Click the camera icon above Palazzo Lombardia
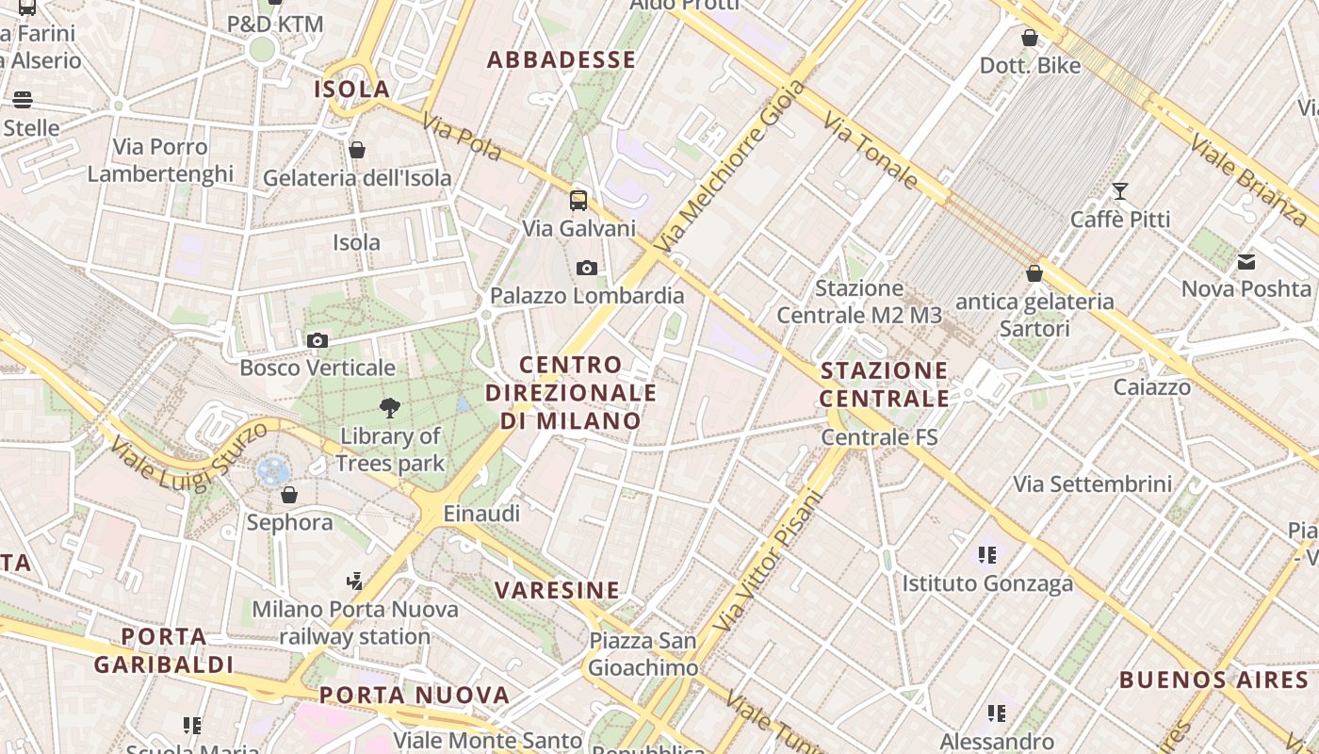pyautogui.click(x=587, y=269)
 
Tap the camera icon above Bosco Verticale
pyautogui.click(x=318, y=340)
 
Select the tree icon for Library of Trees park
pyautogui.click(x=389, y=408)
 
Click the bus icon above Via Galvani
pyautogui.click(x=578, y=200)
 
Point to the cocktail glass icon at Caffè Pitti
pyautogui.click(x=1120, y=191)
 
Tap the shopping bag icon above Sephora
pyautogui.click(x=289, y=495)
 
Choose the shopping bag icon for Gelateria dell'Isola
pyautogui.click(x=357, y=150)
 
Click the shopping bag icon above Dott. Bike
pyautogui.click(x=1030, y=38)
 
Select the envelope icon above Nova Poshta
pyautogui.click(x=1246, y=262)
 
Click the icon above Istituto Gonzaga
pyautogui.click(x=987, y=555)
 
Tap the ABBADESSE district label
pyautogui.click(x=562, y=60)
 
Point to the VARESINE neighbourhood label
pyautogui.click(x=558, y=591)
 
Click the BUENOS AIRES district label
pyautogui.click(x=1213, y=680)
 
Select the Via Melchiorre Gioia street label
pyautogui.click(x=732, y=167)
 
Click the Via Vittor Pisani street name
pyautogui.click(x=769, y=560)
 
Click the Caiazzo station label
pyautogui.click(x=1151, y=387)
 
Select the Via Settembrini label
pyautogui.click(x=1092, y=484)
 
